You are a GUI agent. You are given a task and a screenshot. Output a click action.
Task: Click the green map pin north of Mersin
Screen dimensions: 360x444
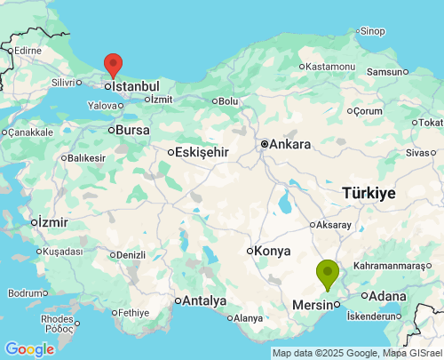coord(329,272)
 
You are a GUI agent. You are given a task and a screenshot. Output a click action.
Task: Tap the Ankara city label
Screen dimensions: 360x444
coord(289,144)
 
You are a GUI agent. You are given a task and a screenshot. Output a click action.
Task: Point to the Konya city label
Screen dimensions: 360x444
coord(272,251)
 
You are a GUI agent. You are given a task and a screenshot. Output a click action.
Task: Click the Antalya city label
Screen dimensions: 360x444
coord(205,300)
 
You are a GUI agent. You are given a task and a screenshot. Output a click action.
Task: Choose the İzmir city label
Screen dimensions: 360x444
coord(52,221)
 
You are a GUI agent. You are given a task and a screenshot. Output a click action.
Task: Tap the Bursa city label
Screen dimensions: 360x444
coord(133,130)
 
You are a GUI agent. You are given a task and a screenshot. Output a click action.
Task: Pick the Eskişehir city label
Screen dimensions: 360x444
coord(202,152)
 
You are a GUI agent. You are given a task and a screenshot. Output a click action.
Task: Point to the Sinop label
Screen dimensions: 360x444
coord(373,31)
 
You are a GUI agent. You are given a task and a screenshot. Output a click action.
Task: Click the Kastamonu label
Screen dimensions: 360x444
coord(330,67)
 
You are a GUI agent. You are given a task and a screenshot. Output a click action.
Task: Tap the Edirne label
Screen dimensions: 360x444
coord(27,51)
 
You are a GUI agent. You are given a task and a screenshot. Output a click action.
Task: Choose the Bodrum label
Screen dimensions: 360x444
coord(25,292)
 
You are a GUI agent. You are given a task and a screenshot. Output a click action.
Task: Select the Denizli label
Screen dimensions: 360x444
coord(131,255)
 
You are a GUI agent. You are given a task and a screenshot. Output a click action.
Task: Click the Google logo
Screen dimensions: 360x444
coord(29,349)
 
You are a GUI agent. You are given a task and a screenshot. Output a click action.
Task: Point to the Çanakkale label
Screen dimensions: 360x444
coord(32,132)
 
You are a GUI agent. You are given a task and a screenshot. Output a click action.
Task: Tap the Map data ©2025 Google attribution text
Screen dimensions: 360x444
coord(314,354)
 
